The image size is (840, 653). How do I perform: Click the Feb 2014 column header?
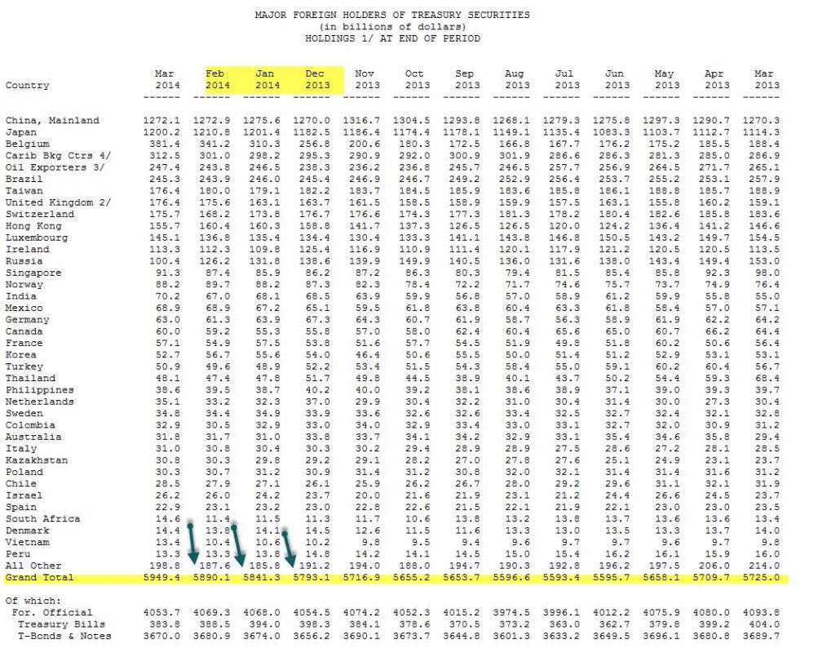tap(218, 79)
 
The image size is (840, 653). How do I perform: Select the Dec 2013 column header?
tap(317, 79)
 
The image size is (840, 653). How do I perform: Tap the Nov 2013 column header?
tap(367, 79)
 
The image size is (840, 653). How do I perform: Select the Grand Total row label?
tap(39, 578)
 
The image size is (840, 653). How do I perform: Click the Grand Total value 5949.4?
tap(168, 578)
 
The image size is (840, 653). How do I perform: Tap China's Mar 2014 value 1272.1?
tap(168, 121)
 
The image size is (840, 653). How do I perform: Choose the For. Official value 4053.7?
tap(168, 612)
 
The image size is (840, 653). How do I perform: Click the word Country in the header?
tap(27, 85)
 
